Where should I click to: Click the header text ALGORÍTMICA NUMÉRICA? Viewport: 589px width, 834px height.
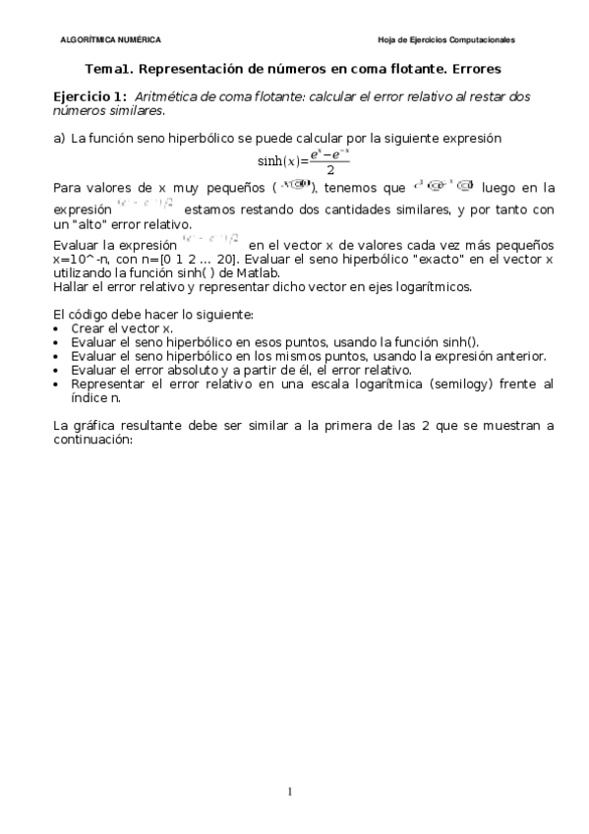[111, 40]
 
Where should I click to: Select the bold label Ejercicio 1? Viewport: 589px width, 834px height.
[89, 96]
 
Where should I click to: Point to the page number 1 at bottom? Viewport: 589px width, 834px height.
[290, 792]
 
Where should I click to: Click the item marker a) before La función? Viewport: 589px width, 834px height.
[59, 139]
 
